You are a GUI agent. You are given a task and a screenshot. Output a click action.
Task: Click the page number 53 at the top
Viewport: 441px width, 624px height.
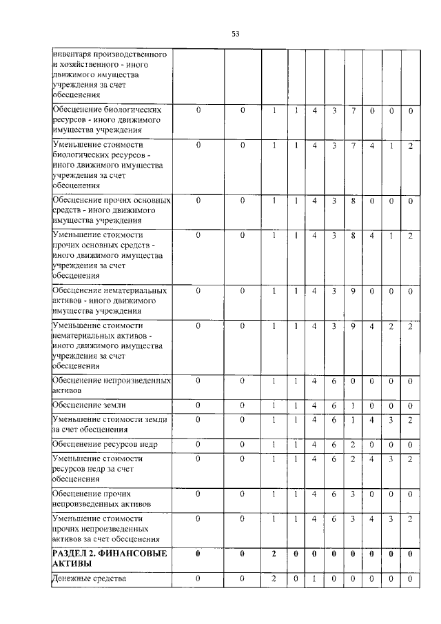235,32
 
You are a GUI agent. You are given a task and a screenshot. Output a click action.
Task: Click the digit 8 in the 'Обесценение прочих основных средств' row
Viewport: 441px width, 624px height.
352,201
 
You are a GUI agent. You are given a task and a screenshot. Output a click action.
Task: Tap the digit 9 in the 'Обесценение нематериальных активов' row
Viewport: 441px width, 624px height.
352,291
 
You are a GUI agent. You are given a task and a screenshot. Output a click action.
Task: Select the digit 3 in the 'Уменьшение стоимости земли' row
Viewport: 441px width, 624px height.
391,419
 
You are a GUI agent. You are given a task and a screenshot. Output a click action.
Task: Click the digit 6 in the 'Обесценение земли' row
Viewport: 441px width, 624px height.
333,405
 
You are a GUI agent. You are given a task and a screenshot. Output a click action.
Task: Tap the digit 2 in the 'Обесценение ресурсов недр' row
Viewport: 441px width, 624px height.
352,443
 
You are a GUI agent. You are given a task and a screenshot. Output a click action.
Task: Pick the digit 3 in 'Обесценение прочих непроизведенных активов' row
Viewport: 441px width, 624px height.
352,494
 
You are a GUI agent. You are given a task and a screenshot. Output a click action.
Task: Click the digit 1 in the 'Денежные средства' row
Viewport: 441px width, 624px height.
314,578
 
